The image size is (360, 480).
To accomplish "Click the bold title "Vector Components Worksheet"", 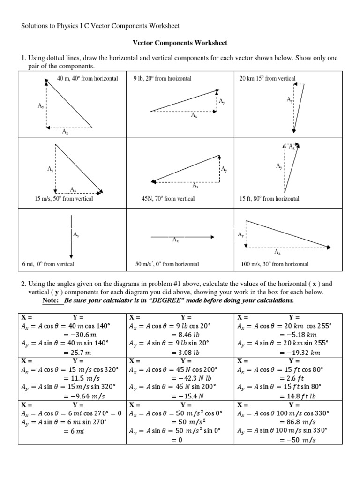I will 180,43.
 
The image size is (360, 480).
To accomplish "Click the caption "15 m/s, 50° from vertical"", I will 64,199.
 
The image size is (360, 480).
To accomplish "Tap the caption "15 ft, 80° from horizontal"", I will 269,199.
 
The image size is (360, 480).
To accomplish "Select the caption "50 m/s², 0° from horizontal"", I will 167,264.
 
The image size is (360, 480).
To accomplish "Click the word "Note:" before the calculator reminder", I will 52,300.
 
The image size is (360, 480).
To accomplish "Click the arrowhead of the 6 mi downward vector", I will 71,256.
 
